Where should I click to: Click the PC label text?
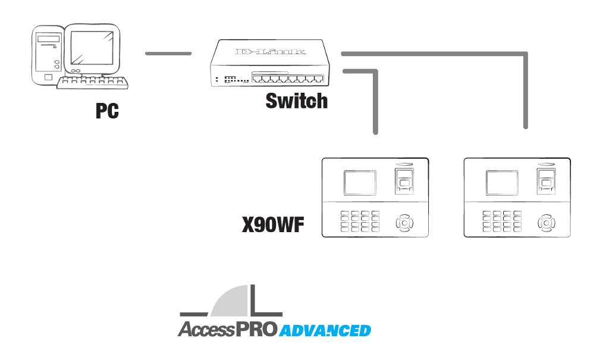pyautogui.click(x=107, y=111)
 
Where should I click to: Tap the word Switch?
pyautogui.click(x=296, y=101)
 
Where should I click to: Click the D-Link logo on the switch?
pyautogui.click(x=271, y=52)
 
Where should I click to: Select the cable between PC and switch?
pyautogui.click(x=168, y=54)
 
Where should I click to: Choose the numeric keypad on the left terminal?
pyautogui.click(x=360, y=221)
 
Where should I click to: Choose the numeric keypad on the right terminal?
pyautogui.click(x=503, y=221)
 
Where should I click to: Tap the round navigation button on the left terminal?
pyautogui.click(x=404, y=224)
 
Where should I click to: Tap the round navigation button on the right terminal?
pyautogui.click(x=547, y=224)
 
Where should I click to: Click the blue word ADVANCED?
pyautogui.click(x=325, y=330)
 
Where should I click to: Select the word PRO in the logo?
pyautogui.click(x=254, y=329)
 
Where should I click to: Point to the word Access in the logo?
pyautogui.click(x=204, y=330)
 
